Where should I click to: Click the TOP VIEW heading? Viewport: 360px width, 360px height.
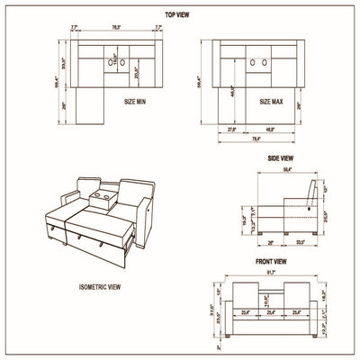(x=177, y=15)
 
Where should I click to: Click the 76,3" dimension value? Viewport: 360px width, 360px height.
(x=117, y=28)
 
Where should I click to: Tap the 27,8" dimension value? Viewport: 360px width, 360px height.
(x=230, y=128)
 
